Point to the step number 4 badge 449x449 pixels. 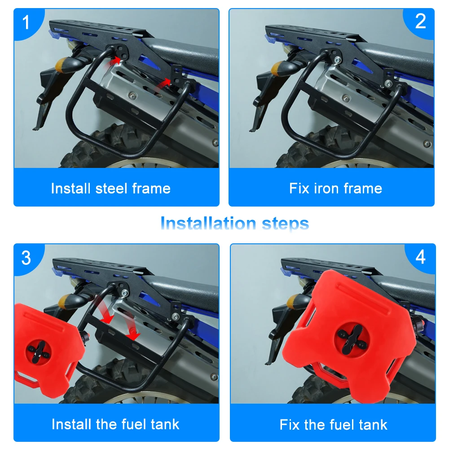coord(420,257)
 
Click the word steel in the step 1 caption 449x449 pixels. coord(111,189)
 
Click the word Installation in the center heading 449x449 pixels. coord(208,223)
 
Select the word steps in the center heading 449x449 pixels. coord(286,224)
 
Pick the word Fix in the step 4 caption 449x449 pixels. coord(290,424)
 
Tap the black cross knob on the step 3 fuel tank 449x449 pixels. coord(38,352)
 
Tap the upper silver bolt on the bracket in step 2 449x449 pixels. coord(338,60)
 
